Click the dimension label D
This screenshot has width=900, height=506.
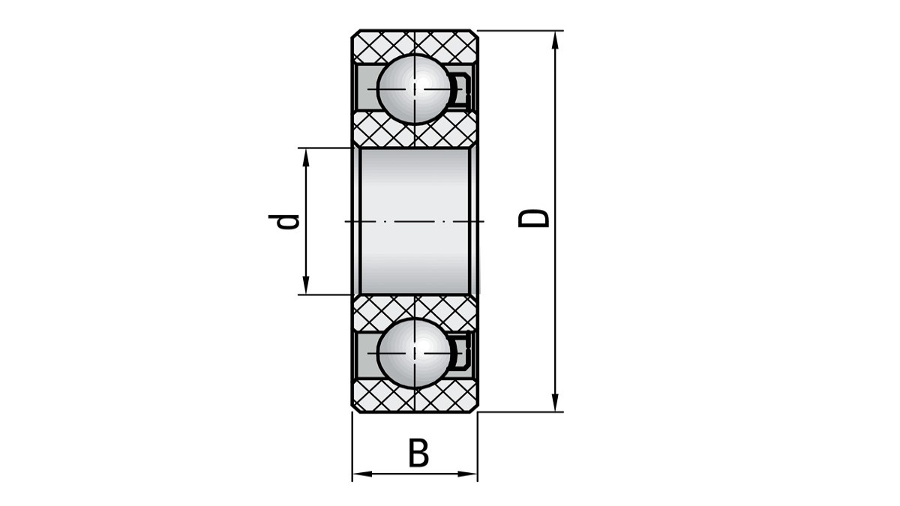533,218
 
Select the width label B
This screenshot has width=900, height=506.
418,453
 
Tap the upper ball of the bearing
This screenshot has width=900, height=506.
415,88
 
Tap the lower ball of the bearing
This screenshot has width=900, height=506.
415,353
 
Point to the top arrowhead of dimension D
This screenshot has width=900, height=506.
555,40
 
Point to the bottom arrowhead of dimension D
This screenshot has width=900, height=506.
555,403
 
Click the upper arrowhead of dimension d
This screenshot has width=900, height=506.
306,157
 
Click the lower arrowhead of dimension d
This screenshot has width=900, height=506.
306,285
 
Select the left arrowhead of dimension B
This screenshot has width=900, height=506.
362,475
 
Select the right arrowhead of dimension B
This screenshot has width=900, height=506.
468,475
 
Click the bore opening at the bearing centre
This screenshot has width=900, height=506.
415,221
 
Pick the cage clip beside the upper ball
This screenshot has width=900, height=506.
462,90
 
